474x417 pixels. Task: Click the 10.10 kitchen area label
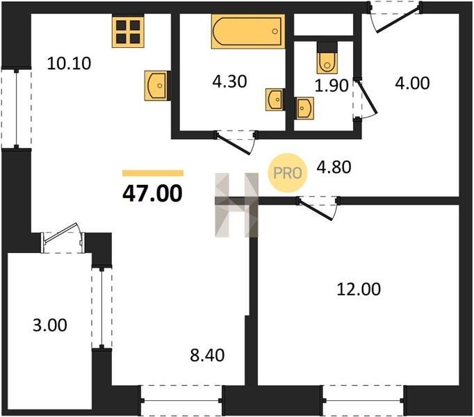(69, 64)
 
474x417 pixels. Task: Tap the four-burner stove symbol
(128, 32)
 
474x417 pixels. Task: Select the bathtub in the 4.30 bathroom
(248, 31)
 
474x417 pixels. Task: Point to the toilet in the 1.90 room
(327, 58)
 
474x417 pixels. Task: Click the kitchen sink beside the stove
(156, 85)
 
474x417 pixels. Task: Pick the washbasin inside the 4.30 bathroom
(275, 99)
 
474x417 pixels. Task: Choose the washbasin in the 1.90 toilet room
(304, 108)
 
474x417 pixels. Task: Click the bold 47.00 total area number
(152, 193)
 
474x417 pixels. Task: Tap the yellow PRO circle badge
(288, 172)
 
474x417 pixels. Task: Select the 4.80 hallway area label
(334, 167)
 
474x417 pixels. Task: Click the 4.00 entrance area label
(412, 83)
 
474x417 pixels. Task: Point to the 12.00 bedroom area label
(359, 289)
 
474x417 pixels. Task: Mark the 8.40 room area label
(207, 355)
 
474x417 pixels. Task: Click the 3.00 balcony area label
(50, 326)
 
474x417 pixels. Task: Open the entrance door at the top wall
(395, 17)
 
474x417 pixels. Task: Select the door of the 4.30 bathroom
(236, 142)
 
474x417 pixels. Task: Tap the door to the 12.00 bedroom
(318, 208)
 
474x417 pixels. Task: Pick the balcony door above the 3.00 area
(63, 238)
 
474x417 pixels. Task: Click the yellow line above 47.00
(153, 173)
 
